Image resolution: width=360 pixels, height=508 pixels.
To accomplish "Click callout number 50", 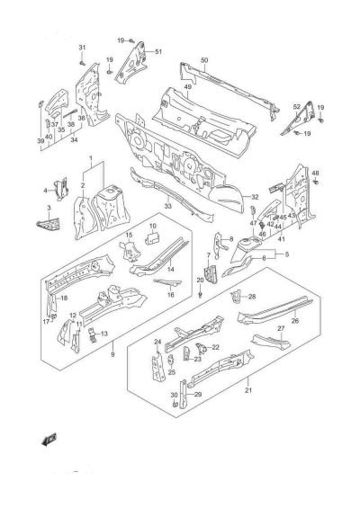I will (x=204, y=60).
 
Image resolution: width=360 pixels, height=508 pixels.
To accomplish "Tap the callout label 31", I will (x=80, y=47).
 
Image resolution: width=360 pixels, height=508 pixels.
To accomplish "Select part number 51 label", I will (x=158, y=51).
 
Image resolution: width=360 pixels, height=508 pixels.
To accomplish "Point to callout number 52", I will (x=296, y=107).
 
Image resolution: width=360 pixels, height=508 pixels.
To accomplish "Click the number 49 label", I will (x=189, y=87).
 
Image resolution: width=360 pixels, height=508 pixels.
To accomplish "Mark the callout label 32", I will (x=255, y=197).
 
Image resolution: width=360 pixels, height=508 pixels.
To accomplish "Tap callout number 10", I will (x=153, y=226).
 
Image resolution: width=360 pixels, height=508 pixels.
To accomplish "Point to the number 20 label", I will (x=200, y=281).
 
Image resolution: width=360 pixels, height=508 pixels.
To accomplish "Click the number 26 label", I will (x=295, y=320).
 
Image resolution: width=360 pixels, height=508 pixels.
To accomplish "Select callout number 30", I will (x=173, y=396).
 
